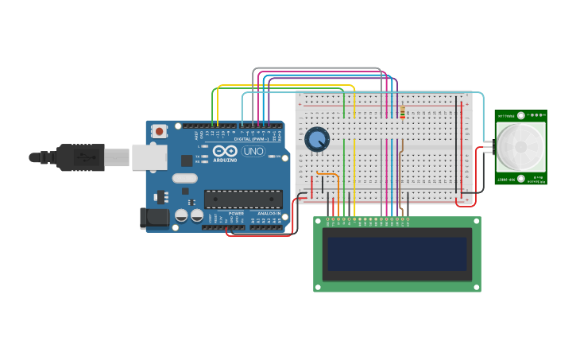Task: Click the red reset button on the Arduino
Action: click(x=160, y=131)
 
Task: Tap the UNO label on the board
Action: click(x=253, y=151)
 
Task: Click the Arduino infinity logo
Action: click(x=224, y=151)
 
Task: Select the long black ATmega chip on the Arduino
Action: click(x=242, y=199)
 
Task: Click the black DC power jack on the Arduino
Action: click(x=153, y=218)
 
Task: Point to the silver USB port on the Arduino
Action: click(x=149, y=157)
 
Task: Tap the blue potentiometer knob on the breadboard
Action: click(x=317, y=139)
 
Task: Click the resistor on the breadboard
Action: click(x=403, y=113)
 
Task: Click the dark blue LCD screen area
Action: click(x=397, y=254)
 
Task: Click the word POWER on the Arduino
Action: click(x=236, y=213)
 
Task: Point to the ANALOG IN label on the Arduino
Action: click(x=267, y=213)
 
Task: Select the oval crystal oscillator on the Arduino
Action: click(x=184, y=179)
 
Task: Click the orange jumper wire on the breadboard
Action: click(x=327, y=173)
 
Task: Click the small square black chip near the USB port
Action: click(x=184, y=191)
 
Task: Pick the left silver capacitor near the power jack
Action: click(x=181, y=215)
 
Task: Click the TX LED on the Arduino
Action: click(x=206, y=156)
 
